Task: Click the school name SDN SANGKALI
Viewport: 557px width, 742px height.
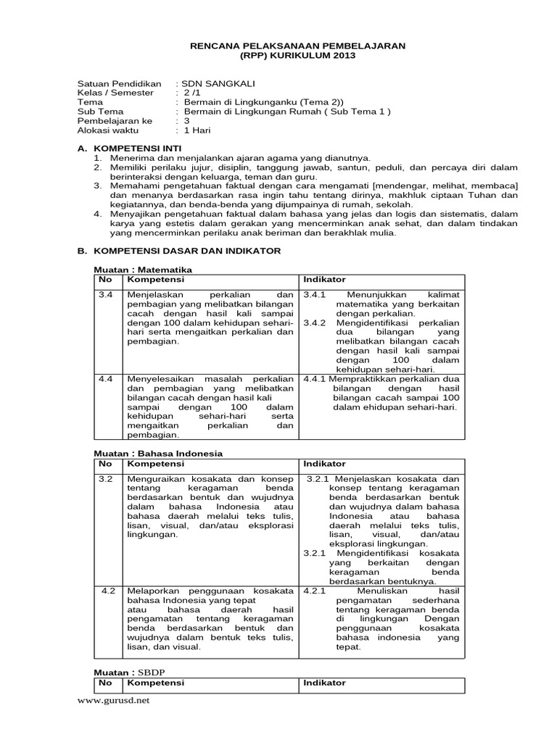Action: [x=215, y=83]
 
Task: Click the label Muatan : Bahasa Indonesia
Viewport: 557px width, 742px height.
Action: [x=148, y=453]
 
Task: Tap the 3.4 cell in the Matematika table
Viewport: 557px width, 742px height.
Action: [x=106, y=295]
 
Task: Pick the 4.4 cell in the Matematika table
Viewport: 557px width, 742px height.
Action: [x=106, y=379]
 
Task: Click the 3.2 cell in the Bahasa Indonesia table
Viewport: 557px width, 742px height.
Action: [x=106, y=479]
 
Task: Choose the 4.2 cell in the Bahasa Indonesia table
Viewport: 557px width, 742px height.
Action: [x=108, y=591]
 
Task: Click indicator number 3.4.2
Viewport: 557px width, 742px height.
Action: [x=316, y=322]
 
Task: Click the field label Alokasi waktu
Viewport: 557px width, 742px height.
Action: [x=108, y=131]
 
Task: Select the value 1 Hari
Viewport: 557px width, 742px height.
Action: [x=197, y=131]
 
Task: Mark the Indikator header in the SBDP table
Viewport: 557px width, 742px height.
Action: [x=324, y=683]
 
